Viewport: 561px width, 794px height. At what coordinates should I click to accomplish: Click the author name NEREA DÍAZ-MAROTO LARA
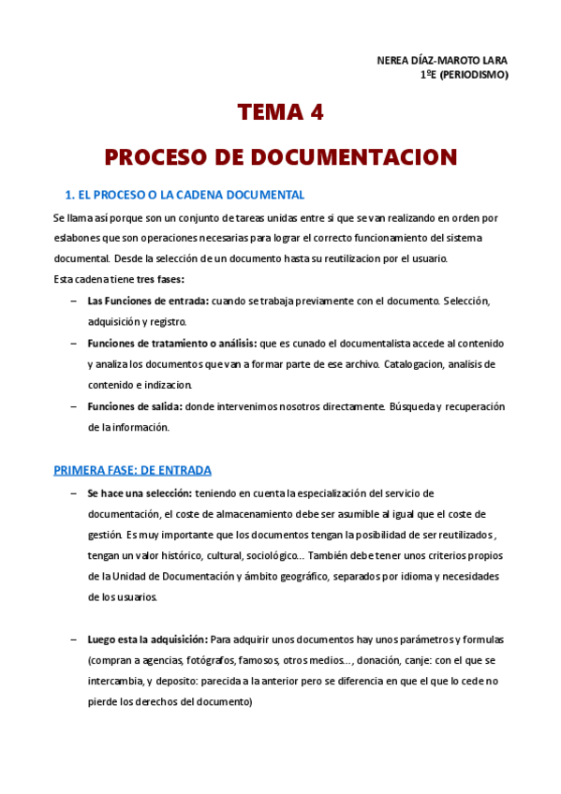pyautogui.click(x=441, y=61)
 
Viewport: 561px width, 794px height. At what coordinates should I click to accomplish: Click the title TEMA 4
pyautogui.click(x=280, y=113)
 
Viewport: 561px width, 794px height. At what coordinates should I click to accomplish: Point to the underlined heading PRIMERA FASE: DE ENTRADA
pyautogui.click(x=132, y=469)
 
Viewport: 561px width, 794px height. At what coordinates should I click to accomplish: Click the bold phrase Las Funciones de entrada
pyautogui.click(x=148, y=301)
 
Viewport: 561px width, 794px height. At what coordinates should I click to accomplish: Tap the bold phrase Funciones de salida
pyautogui.click(x=135, y=406)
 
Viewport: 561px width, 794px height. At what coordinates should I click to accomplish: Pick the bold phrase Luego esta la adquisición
pyautogui.click(x=147, y=639)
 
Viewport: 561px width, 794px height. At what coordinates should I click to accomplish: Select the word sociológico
pyautogui.click(x=273, y=554)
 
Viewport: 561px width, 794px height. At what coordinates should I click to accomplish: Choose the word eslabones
pyautogui.click(x=75, y=238)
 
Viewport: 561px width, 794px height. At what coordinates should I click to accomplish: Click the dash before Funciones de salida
pyautogui.click(x=74, y=406)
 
